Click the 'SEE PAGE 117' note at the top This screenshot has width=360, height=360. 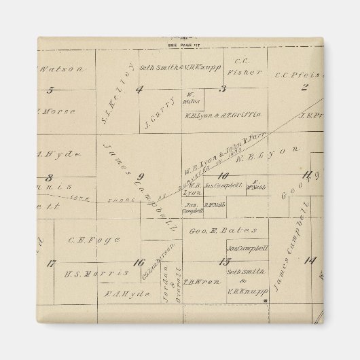click(180, 45)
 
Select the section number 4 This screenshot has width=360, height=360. click(139, 89)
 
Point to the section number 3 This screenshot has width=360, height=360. click(222, 89)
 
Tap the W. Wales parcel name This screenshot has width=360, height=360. click(190, 98)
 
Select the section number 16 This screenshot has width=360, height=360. click(139, 263)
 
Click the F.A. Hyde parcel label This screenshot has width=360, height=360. click(119, 294)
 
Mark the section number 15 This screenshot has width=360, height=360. click(224, 262)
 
